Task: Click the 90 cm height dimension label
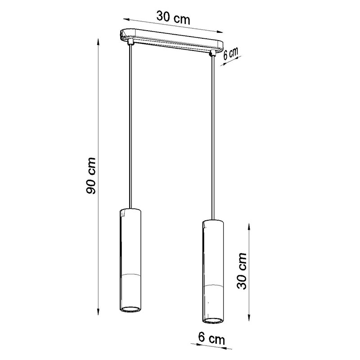point(91,176)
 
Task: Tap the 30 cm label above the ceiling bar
point(173,17)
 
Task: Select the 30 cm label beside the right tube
point(242,271)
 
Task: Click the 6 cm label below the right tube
point(211,338)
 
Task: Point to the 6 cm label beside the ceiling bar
point(230,54)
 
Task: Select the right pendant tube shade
point(213,272)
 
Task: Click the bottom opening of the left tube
point(130,309)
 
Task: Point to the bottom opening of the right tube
point(213,320)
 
